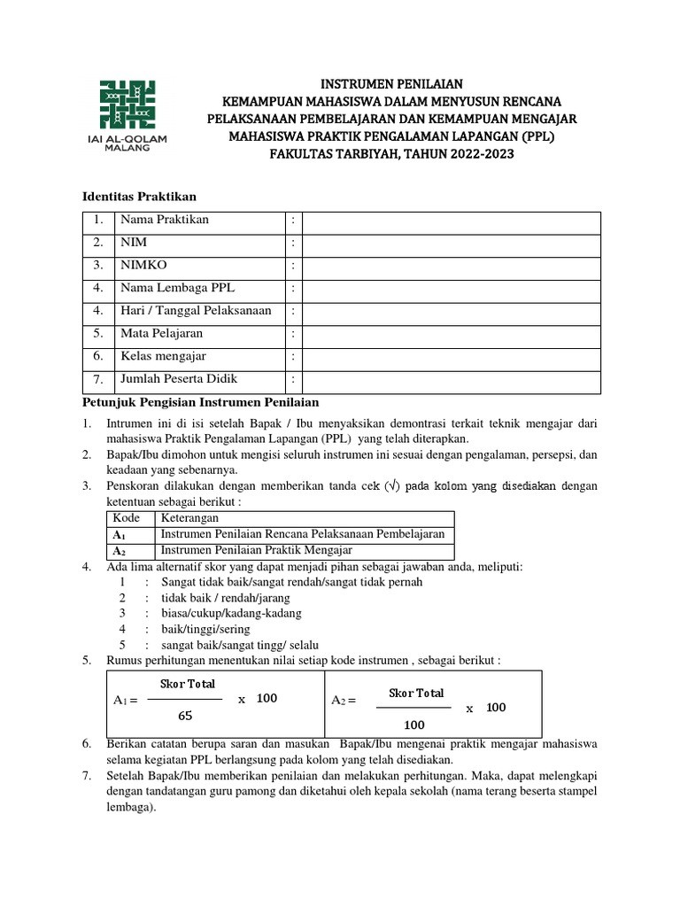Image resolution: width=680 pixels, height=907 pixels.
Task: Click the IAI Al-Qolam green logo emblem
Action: pyautogui.click(x=125, y=103)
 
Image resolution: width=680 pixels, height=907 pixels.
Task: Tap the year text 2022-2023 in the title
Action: pyautogui.click(x=477, y=154)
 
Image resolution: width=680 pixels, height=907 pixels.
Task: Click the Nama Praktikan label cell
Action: pyautogui.click(x=165, y=220)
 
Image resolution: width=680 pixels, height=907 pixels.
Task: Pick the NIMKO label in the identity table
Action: pyautogui.click(x=143, y=265)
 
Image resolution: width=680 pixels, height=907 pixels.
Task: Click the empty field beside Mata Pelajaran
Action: pyautogui.click(x=451, y=334)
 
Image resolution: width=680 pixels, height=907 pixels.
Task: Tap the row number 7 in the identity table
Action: pyautogui.click(x=98, y=380)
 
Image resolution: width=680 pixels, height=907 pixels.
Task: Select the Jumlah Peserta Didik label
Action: pyautogui.click(x=182, y=380)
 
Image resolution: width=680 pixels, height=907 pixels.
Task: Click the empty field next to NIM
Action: pyautogui.click(x=451, y=242)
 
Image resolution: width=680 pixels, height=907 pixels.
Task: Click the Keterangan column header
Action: pyautogui.click(x=189, y=518)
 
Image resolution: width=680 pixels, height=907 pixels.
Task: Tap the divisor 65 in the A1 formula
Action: pyautogui.click(x=185, y=716)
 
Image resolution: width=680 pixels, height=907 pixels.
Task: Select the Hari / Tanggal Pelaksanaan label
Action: pyautogui.click(x=196, y=311)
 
